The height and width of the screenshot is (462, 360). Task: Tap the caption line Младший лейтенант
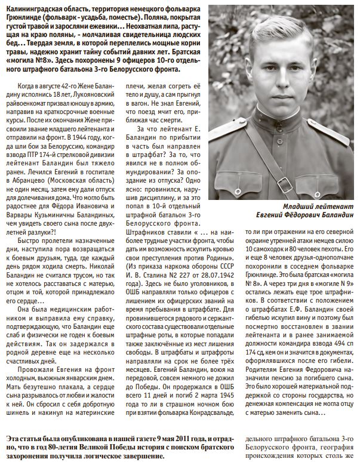[x=317, y=206]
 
